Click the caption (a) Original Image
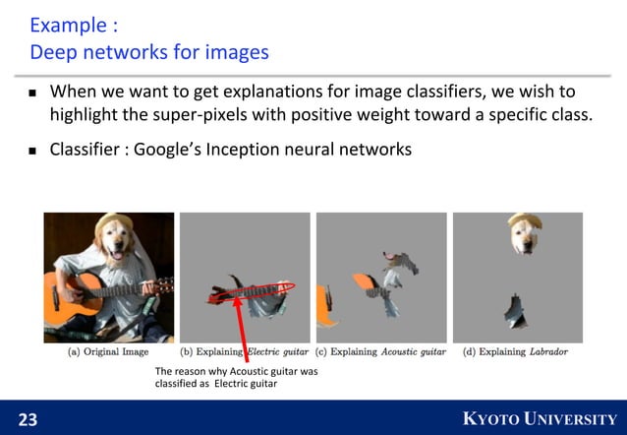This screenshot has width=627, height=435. [107, 350]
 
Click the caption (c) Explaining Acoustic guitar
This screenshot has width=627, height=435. [380, 350]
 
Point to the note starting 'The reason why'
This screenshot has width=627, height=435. [226, 377]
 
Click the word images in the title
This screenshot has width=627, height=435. [236, 50]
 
